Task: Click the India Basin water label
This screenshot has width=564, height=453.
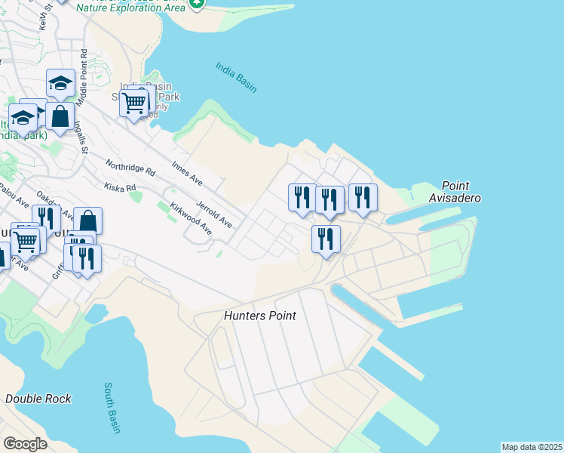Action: click(236, 78)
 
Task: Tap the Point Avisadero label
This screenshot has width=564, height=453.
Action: click(461, 192)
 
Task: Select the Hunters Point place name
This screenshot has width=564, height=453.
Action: click(260, 316)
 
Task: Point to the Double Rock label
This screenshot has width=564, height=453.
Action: click(38, 399)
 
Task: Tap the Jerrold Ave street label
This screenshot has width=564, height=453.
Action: click(214, 214)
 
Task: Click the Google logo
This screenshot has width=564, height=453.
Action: click(25, 444)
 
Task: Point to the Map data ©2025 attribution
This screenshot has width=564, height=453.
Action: click(532, 447)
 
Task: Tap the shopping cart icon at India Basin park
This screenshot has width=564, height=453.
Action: click(133, 103)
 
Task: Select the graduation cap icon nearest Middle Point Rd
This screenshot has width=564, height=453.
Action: click(60, 84)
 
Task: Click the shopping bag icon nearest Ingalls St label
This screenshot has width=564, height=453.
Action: click(60, 117)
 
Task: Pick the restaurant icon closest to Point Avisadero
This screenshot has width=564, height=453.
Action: click(363, 198)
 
